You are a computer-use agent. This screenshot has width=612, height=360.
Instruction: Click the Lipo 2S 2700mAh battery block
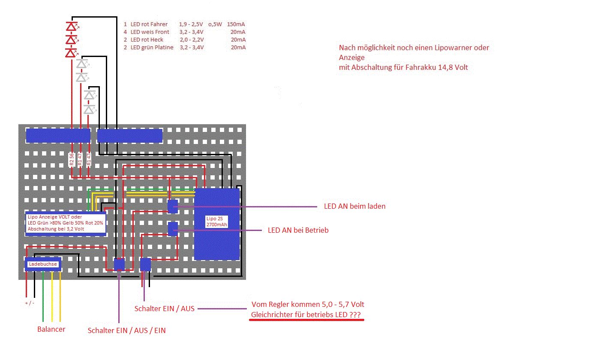217,224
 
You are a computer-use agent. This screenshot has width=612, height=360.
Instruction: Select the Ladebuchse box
43,264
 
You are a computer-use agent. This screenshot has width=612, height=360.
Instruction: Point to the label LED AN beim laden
354,207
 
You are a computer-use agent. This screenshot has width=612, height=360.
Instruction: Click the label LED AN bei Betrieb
298,231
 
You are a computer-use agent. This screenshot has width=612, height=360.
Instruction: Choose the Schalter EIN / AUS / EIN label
126,331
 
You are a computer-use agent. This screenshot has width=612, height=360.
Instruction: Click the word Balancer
51,330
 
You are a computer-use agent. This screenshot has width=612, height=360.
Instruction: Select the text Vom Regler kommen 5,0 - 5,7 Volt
308,305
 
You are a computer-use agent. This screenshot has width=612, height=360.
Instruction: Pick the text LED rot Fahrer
149,24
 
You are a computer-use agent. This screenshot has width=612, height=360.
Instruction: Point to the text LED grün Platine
152,48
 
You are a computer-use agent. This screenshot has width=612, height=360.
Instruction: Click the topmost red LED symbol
71,27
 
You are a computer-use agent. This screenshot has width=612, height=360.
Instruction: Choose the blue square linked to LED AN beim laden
172,206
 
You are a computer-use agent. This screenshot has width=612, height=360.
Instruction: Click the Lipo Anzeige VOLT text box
66,223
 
